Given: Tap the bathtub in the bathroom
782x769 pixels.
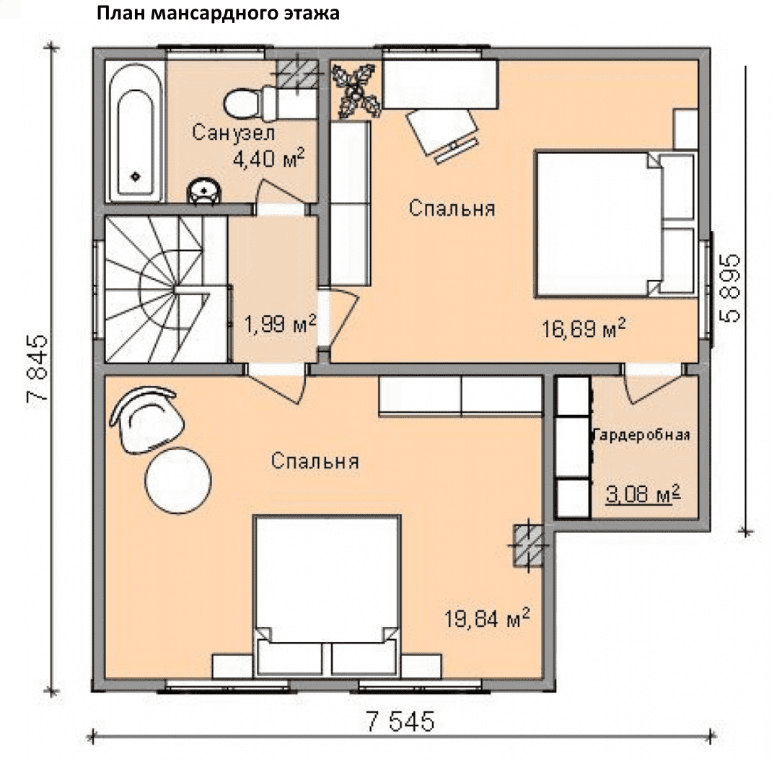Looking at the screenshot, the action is pos(136,132).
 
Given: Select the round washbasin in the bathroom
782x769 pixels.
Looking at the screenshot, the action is pos(203,191).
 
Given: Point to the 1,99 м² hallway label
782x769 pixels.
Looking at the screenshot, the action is pos(280,324).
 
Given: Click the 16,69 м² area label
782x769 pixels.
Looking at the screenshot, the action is pos(584,328).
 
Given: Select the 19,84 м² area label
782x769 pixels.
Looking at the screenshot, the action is pos(487,618).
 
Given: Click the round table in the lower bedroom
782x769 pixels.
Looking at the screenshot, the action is pos(178,480).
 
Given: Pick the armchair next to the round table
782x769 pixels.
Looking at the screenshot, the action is pos(147,420).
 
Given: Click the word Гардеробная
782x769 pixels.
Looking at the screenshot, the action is pos(641,436).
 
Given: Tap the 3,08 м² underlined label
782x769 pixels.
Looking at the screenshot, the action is pos(643,494).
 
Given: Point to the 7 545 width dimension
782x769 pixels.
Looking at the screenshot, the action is pos(400,721).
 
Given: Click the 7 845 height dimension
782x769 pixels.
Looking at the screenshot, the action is pos(38,368).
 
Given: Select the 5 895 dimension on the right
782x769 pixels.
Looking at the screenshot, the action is pos(729,289).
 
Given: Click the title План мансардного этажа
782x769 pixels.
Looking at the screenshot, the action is pos(218,14).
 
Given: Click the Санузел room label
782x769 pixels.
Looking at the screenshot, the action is pos(234,133).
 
